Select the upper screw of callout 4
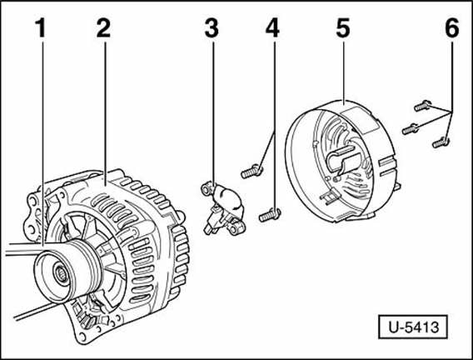pyautogui.click(x=251, y=172)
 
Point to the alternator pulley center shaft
pyautogui.click(x=60, y=272)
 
